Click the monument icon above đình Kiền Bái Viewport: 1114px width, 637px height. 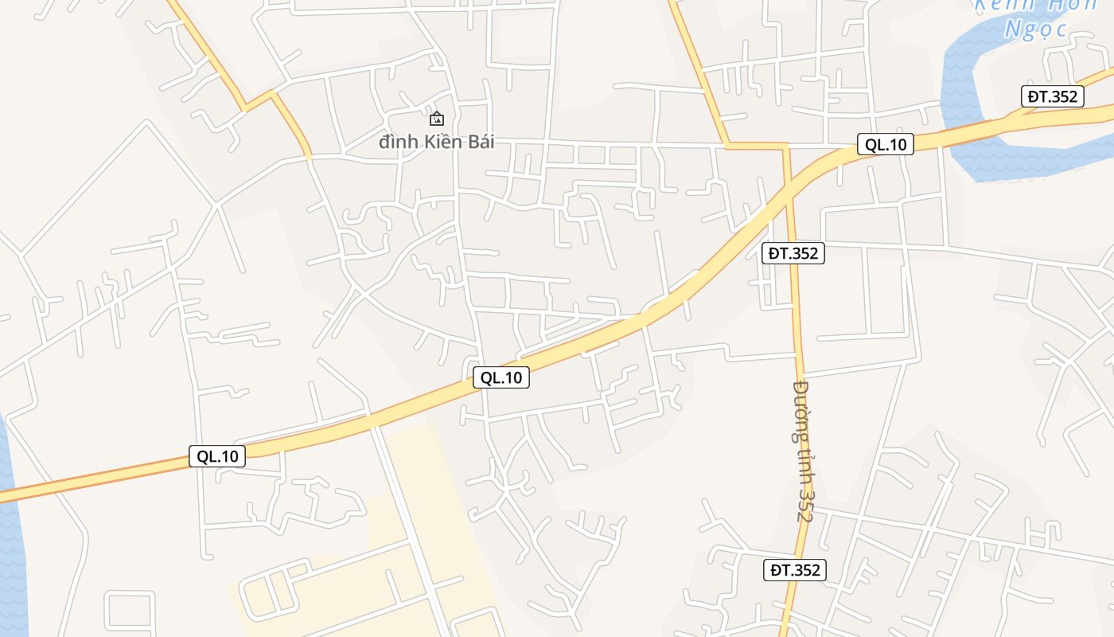pos(437,119)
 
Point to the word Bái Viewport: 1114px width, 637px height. pos(480,142)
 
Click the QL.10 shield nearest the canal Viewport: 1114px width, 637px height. pos(886,144)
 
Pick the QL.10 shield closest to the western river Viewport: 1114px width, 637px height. pos(217,456)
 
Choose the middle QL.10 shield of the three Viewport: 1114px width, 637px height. pos(501,377)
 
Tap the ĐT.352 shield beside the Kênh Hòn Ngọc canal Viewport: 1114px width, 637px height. pos(1052,96)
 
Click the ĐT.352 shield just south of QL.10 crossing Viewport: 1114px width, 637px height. pos(793,253)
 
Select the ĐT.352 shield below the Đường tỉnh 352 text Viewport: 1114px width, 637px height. pos(795,570)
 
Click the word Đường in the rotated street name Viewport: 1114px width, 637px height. pos(800,411)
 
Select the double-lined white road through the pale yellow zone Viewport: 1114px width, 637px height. pos(406,518)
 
